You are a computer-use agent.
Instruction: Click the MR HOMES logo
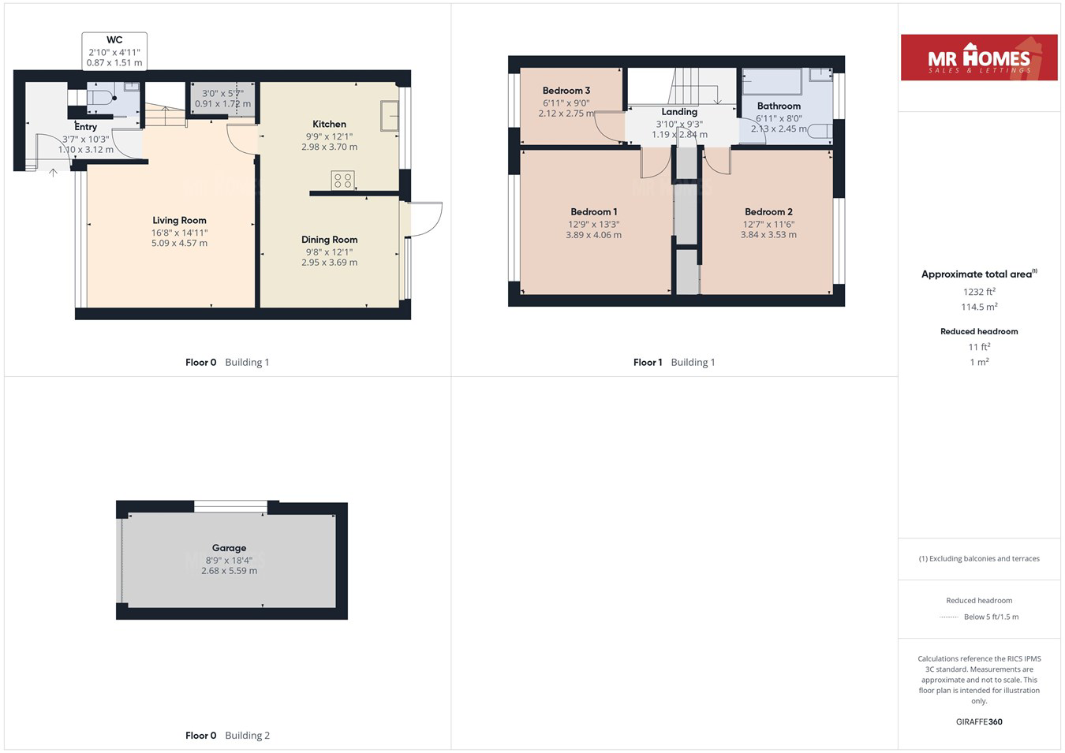(x=978, y=58)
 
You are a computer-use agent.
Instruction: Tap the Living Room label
(x=179, y=221)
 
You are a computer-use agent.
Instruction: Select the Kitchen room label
(x=329, y=124)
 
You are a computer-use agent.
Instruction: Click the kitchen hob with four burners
(x=342, y=180)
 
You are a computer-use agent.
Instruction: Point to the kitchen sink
(x=389, y=115)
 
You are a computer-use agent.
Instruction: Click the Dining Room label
(x=329, y=240)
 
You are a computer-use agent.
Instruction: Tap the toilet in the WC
(x=102, y=99)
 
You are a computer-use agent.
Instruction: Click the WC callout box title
(x=114, y=40)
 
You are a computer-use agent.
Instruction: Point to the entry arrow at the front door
(x=54, y=173)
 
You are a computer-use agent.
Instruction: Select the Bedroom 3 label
(x=566, y=90)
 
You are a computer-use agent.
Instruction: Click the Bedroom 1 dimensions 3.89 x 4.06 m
(x=593, y=235)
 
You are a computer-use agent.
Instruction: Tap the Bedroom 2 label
(x=768, y=212)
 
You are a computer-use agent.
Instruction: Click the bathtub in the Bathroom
(x=772, y=81)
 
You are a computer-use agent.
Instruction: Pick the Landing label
(x=679, y=112)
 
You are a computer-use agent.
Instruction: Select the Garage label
(x=229, y=548)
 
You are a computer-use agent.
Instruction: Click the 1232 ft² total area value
(x=979, y=292)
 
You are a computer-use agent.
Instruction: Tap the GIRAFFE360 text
(x=979, y=721)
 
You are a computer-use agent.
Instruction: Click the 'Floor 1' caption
(x=648, y=363)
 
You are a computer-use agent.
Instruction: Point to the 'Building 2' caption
(x=247, y=736)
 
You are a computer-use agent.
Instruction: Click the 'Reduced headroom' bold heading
(x=979, y=332)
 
